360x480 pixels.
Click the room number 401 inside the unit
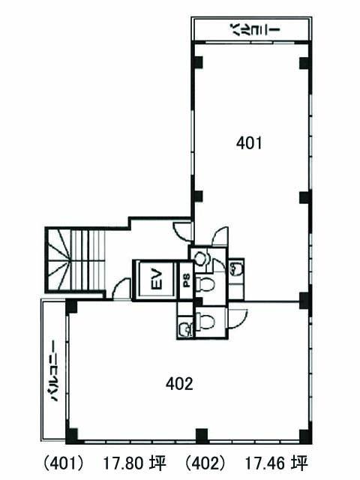point(249,143)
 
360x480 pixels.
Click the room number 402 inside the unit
point(179,383)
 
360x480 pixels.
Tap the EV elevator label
point(157,278)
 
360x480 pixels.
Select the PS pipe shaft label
point(187,280)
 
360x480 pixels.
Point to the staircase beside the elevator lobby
point(75,260)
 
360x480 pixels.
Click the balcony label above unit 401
point(255,30)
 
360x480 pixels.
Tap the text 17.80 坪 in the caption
point(134,463)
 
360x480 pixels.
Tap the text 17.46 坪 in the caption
point(276,463)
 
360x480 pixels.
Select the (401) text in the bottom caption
point(63,463)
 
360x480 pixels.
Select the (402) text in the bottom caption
point(205,463)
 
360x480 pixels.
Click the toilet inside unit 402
point(205,320)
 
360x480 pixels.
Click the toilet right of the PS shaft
point(205,283)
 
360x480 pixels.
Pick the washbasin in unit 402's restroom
point(186,328)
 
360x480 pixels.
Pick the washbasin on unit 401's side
point(236,268)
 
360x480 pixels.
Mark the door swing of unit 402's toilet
point(238,318)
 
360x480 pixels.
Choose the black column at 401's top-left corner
point(198,62)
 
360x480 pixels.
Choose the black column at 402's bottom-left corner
point(71,435)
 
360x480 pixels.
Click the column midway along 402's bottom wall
point(202,435)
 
